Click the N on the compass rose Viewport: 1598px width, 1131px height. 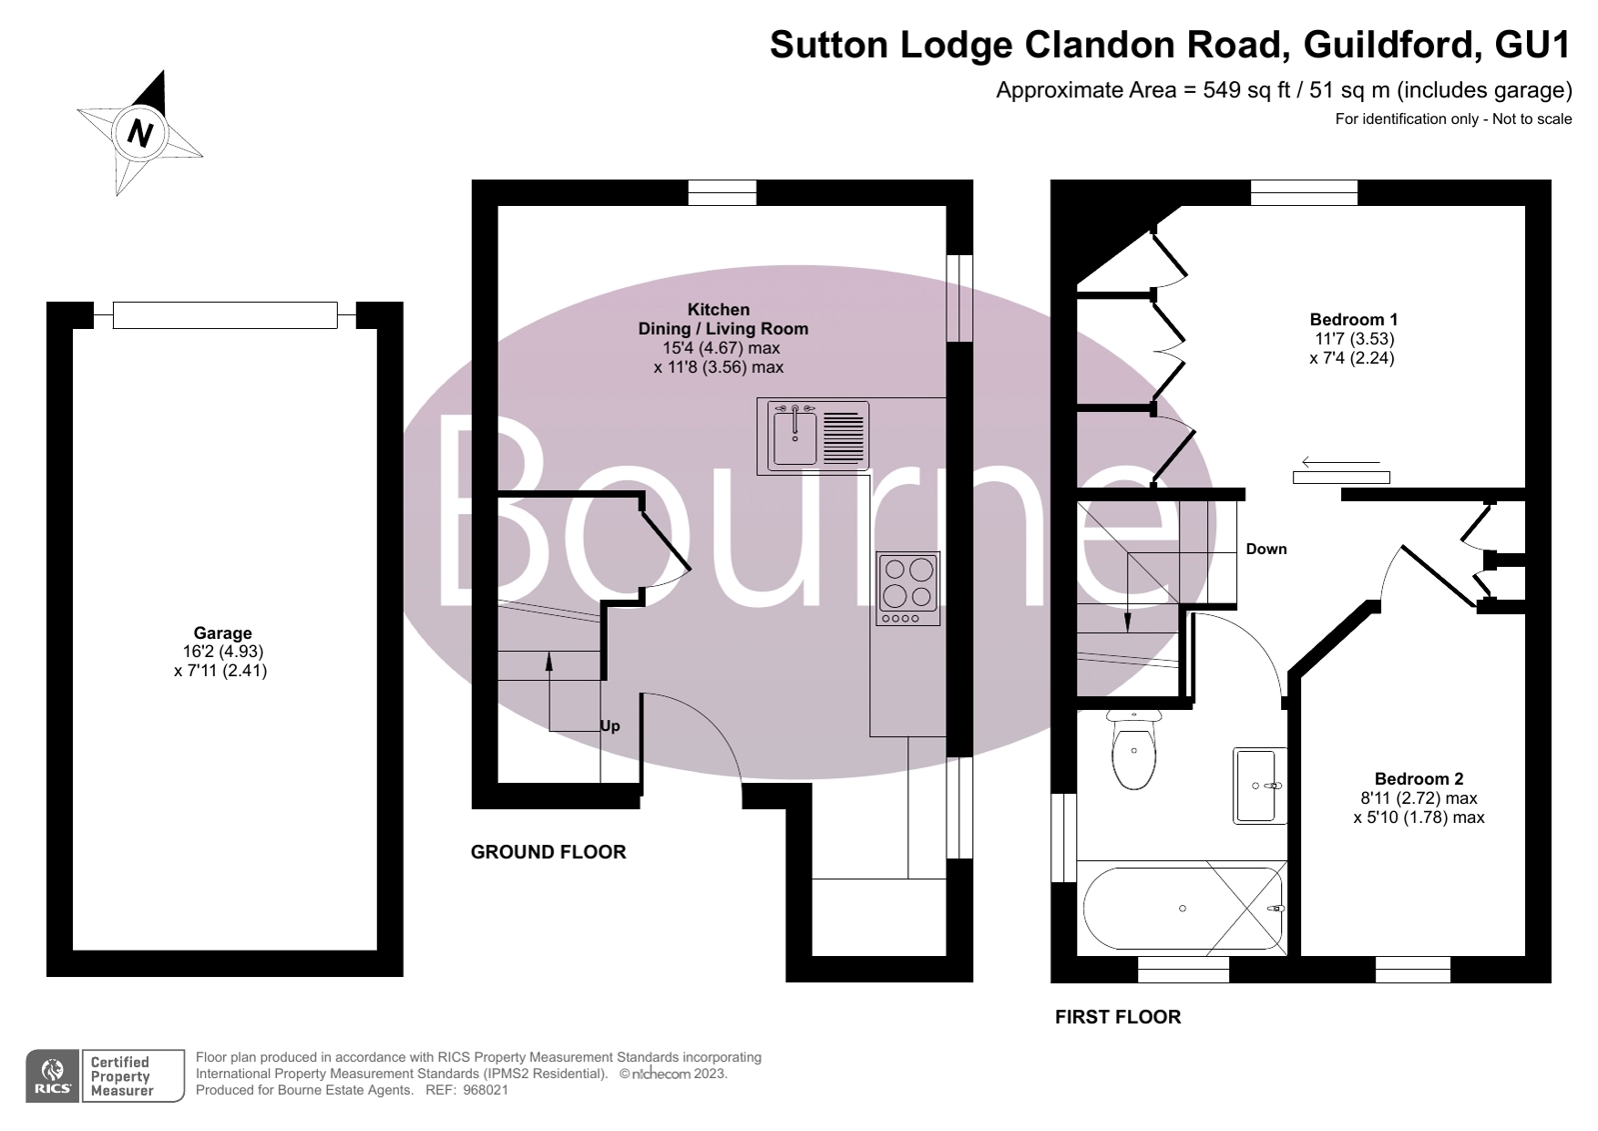[141, 132]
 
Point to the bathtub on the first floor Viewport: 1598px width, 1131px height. [1182, 908]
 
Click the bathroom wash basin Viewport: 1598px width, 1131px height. [1259, 785]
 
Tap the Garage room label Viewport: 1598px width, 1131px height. [222, 633]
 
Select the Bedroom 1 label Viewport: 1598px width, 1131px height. [1353, 320]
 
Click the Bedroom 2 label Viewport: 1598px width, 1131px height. [1418, 779]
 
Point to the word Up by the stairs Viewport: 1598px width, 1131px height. [610, 726]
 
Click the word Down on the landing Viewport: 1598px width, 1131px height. [1266, 549]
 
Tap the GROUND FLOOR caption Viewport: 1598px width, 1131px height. [548, 852]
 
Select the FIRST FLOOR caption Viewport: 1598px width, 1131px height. [1117, 1017]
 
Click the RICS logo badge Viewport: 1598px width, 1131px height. [53, 1076]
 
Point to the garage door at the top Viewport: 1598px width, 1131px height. [225, 315]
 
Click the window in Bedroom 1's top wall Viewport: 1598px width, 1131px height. [1303, 192]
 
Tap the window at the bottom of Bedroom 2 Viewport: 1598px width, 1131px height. [1412, 969]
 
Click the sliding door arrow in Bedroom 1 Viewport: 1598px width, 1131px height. [1339, 463]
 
